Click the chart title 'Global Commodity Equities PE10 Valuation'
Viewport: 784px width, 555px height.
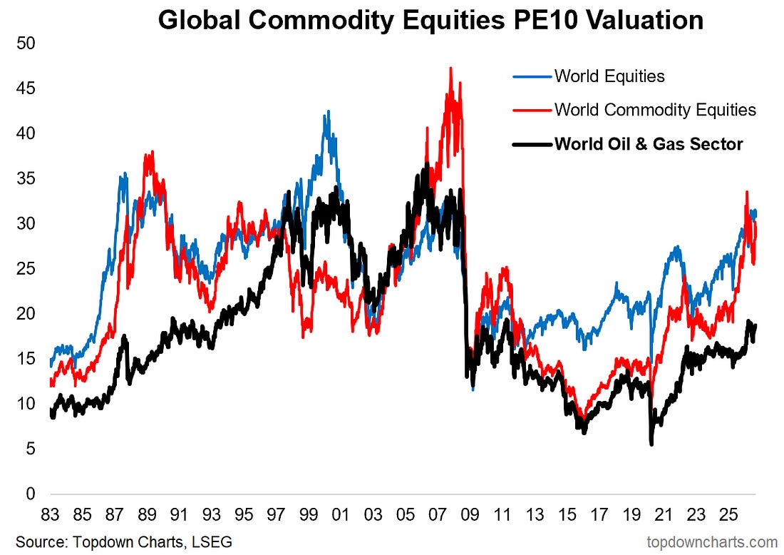tap(430, 21)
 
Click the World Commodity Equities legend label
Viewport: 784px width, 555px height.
tap(655, 110)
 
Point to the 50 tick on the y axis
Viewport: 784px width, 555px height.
tap(26, 44)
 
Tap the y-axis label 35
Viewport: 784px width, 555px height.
tap(26, 178)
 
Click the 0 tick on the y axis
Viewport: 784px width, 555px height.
tap(31, 494)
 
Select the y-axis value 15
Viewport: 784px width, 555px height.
tap(26, 358)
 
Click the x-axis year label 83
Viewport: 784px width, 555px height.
tap(50, 514)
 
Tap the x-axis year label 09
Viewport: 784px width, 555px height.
tap(470, 514)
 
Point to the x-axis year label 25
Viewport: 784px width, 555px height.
tap(728, 514)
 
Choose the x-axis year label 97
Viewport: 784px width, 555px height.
tap(276, 514)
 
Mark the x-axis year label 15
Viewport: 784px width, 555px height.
tap(567, 514)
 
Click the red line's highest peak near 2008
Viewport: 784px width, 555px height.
tap(451, 68)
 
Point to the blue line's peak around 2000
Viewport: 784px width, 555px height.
tap(328, 111)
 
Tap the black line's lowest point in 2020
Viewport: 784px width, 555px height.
tap(651, 444)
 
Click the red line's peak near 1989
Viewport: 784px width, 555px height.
tap(152, 152)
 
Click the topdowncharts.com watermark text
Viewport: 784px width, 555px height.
tap(712, 542)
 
